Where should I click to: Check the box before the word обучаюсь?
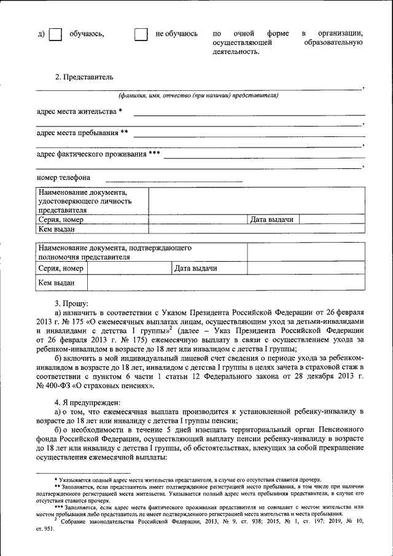pyautogui.click(x=55, y=35)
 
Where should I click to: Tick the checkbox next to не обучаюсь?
pyautogui.click(x=141, y=35)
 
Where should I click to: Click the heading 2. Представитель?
pyautogui.click(x=84, y=77)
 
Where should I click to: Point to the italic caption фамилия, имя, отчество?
pyautogui.click(x=198, y=96)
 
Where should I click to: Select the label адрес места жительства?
pyautogui.click(x=79, y=111)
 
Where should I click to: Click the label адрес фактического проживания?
pyautogui.click(x=98, y=154)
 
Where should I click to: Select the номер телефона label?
pyautogui.click(x=63, y=178)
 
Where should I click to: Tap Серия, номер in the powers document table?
pyautogui.click(x=60, y=268)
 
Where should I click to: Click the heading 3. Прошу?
pyautogui.click(x=72, y=303)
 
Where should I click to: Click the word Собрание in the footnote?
pyautogui.click(x=77, y=521)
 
